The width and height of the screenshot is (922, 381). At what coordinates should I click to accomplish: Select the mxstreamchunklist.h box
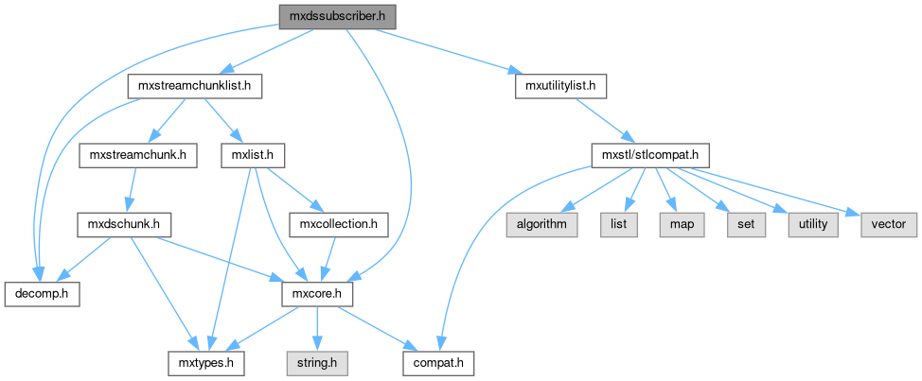[194, 86]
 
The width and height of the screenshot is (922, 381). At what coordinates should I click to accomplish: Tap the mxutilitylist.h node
[559, 86]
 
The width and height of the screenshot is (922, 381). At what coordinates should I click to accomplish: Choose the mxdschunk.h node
[123, 225]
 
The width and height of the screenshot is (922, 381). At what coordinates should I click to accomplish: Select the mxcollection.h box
[338, 225]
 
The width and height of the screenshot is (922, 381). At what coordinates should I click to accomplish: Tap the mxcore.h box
[318, 294]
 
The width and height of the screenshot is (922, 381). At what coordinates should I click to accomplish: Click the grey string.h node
[318, 363]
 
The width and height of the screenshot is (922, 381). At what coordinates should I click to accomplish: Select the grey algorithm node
[541, 225]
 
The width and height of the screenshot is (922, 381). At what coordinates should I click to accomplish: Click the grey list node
[617, 225]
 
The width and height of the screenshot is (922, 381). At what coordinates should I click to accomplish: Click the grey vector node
[888, 225]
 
